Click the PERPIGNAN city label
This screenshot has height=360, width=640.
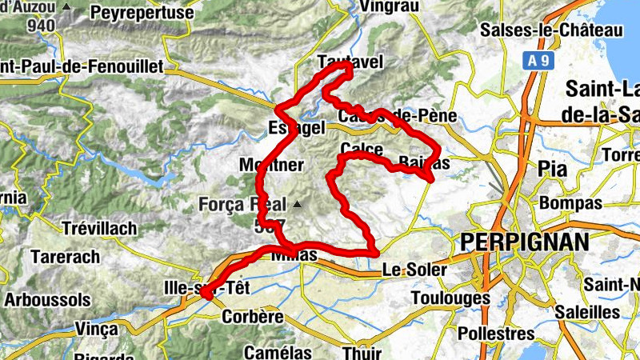pos(524,242)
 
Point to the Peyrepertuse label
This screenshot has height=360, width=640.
pos(142,14)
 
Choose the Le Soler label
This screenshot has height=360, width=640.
pos(414,270)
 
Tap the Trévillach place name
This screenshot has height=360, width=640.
pos(98,229)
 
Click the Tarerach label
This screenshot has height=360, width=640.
pos(65,258)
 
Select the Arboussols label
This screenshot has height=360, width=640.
pos(47,300)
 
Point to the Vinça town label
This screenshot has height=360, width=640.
pos(96,327)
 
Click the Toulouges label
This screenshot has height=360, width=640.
pos(450,298)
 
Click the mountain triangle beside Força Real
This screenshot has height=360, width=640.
pos(298,205)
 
